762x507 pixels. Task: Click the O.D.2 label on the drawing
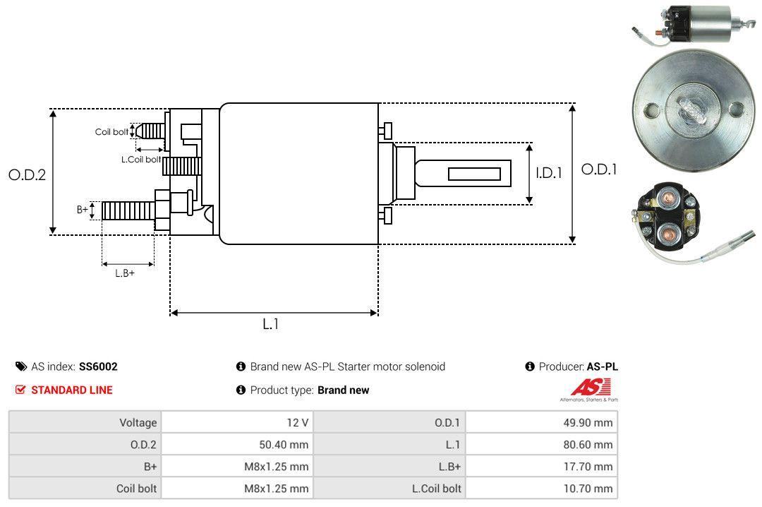(28, 174)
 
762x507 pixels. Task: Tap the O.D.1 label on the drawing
(599, 169)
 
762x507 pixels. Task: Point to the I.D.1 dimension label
(549, 173)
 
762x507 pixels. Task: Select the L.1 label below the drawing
(271, 324)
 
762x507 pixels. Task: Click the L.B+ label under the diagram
(125, 273)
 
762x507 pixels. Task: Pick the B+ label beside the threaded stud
(82, 210)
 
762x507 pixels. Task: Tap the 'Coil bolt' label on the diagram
(111, 132)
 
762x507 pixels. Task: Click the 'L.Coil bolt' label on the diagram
(141, 159)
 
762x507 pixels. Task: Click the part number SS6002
(98, 366)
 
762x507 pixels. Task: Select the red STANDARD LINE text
(72, 390)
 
